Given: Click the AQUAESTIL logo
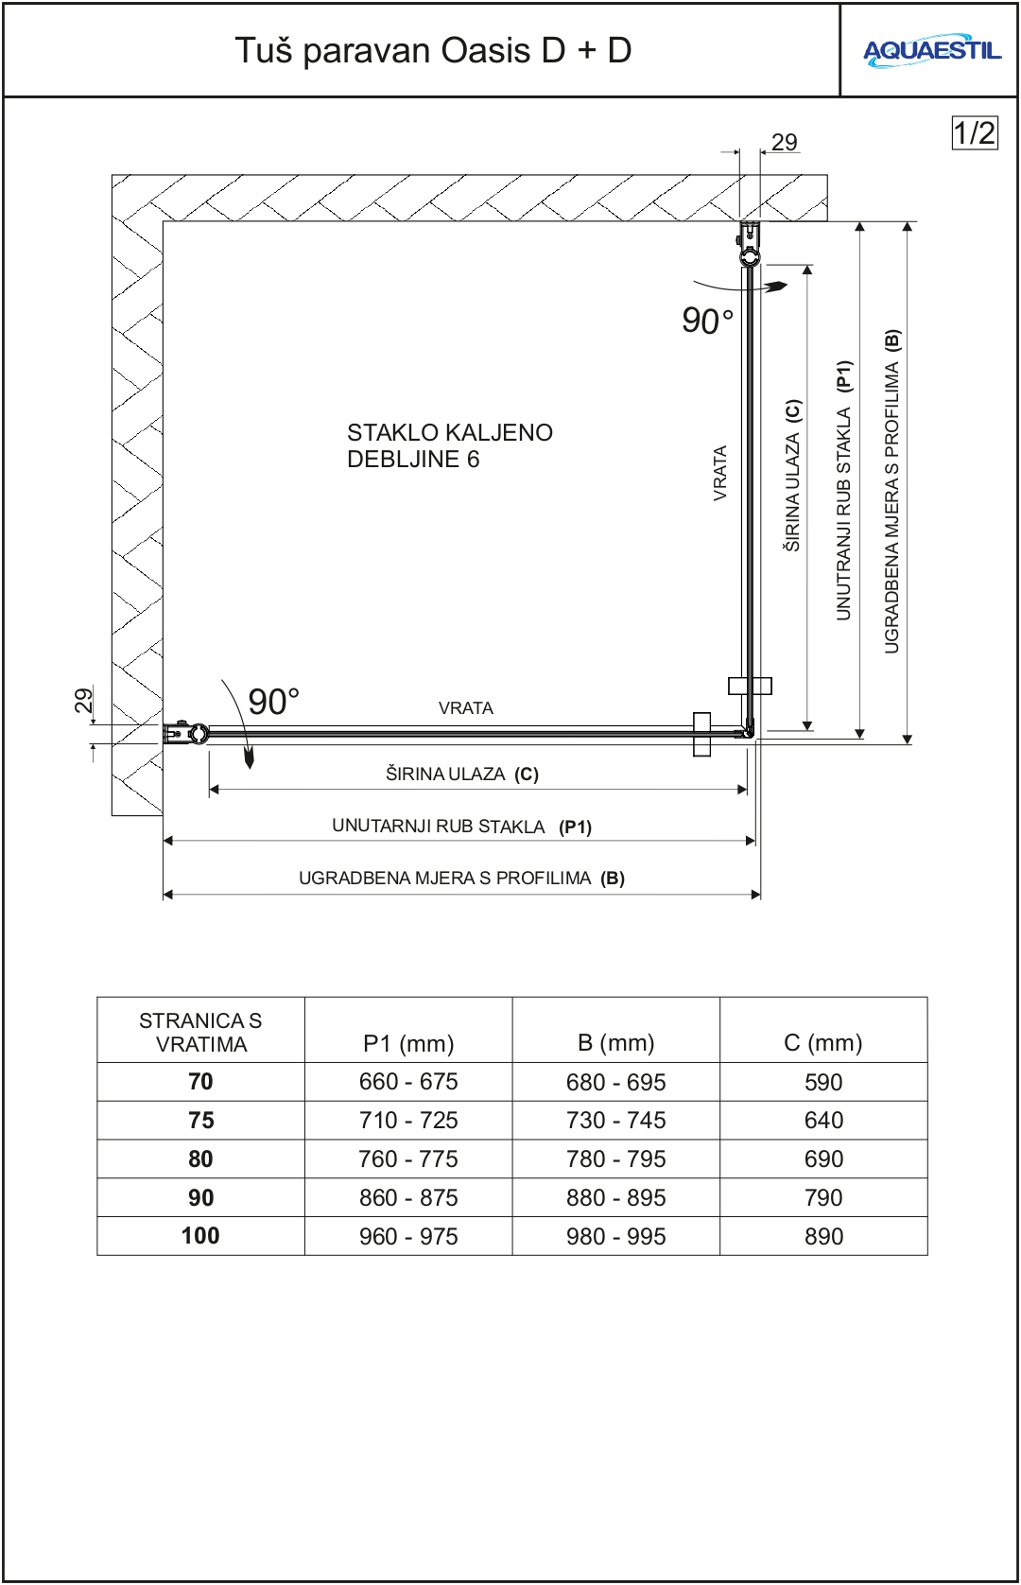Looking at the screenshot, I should (x=931, y=51).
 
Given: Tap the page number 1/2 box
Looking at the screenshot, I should (x=974, y=133).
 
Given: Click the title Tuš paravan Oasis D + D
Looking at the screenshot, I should (x=433, y=50).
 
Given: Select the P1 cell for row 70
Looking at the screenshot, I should (x=408, y=1081).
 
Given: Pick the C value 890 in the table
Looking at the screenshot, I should (x=823, y=1236).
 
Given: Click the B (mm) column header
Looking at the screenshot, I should (x=616, y=1042).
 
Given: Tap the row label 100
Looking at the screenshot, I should (x=200, y=1236).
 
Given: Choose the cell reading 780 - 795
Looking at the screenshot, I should (x=616, y=1158).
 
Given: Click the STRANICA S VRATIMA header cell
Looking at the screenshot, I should (x=200, y=1032).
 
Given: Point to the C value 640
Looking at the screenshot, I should (x=823, y=1120).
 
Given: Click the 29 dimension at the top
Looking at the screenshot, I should (x=784, y=143).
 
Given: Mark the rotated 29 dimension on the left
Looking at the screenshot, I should (x=83, y=701).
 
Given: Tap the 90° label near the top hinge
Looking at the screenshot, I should (x=707, y=321).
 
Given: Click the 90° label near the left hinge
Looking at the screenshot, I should (x=273, y=702).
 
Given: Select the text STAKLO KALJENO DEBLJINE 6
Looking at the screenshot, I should (x=449, y=445).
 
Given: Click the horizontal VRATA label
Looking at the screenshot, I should (x=465, y=708).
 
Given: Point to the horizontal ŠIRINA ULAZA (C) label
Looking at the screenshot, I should (x=461, y=775).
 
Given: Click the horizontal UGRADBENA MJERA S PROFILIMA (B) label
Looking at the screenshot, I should (x=461, y=879).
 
